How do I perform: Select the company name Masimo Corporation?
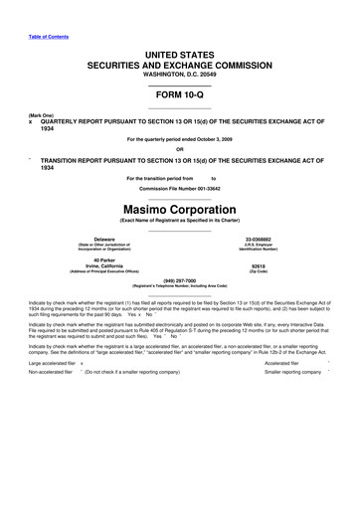179,209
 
